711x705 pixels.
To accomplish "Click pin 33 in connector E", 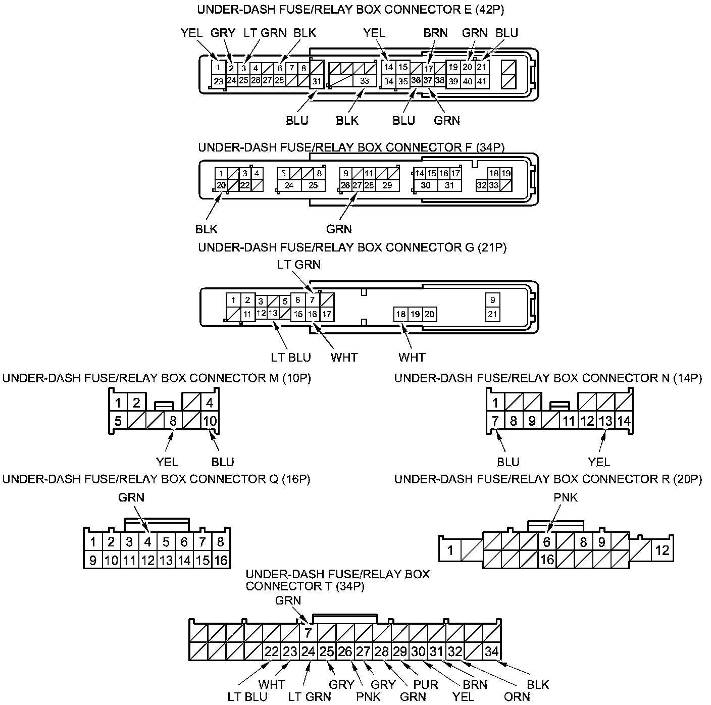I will tap(365, 81).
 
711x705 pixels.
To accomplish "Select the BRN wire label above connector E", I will tap(435, 33).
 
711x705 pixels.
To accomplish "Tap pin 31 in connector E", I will tap(317, 81).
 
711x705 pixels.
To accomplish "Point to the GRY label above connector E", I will tap(223, 33).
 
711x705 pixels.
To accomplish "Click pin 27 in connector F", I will tap(357, 185).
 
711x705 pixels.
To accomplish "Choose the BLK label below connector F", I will tap(207, 229).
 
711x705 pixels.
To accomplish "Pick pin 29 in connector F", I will tap(387, 185).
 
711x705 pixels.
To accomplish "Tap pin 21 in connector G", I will tap(492, 314).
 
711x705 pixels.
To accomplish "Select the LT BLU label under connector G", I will tap(291, 358).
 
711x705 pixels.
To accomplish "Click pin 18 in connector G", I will tap(401, 314).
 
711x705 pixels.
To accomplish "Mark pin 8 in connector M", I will tap(173, 421).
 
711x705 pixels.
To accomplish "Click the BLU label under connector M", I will tap(223, 462).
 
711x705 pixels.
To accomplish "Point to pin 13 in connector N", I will tap(605, 421).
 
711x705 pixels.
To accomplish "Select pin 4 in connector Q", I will tap(147, 542).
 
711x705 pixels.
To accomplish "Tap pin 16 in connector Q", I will tap(221, 560).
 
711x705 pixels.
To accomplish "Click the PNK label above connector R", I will tap(566, 497).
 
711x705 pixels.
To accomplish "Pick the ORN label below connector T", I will tap(517, 697).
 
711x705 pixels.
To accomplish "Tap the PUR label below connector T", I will tap(426, 685).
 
